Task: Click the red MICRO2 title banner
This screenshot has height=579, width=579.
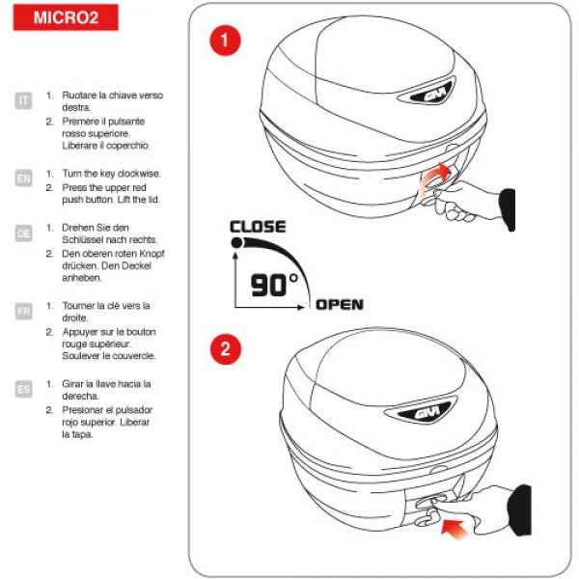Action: pyautogui.click(x=66, y=17)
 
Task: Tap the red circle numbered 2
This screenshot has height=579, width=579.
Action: pyautogui.click(x=224, y=349)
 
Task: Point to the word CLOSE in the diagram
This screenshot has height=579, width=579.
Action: pyautogui.click(x=258, y=227)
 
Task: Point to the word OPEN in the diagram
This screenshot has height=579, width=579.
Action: pyautogui.click(x=340, y=305)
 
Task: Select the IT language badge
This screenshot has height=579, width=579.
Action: pyautogui.click(x=23, y=99)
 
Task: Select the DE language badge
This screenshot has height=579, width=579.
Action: pyautogui.click(x=23, y=233)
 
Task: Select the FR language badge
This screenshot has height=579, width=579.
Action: pyautogui.click(x=23, y=311)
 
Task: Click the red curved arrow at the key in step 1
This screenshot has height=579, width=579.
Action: pyautogui.click(x=438, y=173)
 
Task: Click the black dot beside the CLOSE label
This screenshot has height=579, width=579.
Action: pyautogui.click(x=236, y=244)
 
